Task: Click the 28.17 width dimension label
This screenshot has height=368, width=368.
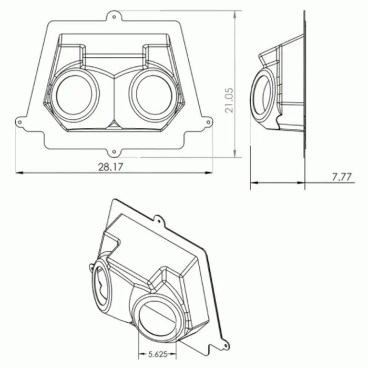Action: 110,167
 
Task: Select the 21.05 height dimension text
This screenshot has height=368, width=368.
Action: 229,100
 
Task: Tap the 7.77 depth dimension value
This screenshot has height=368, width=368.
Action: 342,177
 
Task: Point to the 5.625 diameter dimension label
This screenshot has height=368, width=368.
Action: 158,354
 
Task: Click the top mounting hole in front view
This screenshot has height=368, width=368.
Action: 114,17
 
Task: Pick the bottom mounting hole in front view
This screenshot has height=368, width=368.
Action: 114,152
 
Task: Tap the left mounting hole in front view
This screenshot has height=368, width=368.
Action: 20,122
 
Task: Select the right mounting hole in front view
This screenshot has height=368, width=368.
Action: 208,122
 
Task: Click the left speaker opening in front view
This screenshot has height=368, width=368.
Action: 74,95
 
